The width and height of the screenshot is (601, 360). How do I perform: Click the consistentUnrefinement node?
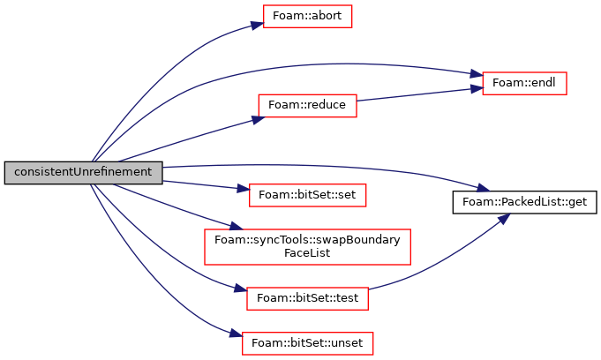click(84, 173)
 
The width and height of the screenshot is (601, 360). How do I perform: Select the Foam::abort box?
click(307, 16)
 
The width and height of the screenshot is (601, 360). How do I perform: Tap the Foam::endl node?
click(524, 83)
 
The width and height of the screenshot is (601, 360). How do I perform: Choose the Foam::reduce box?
click(307, 105)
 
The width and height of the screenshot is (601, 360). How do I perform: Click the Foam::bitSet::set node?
click(307, 195)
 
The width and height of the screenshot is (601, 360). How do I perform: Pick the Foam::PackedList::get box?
click(524, 202)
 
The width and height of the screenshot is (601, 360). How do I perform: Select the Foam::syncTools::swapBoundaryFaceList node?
click(307, 247)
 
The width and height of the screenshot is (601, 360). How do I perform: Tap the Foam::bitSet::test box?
click(307, 298)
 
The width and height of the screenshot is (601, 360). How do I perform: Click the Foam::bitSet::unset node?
click(307, 343)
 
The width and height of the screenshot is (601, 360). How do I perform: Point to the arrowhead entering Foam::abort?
click(258, 26)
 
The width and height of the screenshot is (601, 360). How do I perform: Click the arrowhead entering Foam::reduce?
click(259, 119)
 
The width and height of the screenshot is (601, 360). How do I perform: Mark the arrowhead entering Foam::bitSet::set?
click(244, 189)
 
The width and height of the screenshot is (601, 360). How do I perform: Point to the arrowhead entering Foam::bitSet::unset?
click(237, 334)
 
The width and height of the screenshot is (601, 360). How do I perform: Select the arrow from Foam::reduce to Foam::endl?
click(419, 94)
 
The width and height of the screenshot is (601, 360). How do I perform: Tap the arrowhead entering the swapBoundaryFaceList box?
click(237, 227)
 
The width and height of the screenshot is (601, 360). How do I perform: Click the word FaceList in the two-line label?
click(307, 253)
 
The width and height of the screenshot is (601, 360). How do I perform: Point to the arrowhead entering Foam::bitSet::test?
click(241, 289)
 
